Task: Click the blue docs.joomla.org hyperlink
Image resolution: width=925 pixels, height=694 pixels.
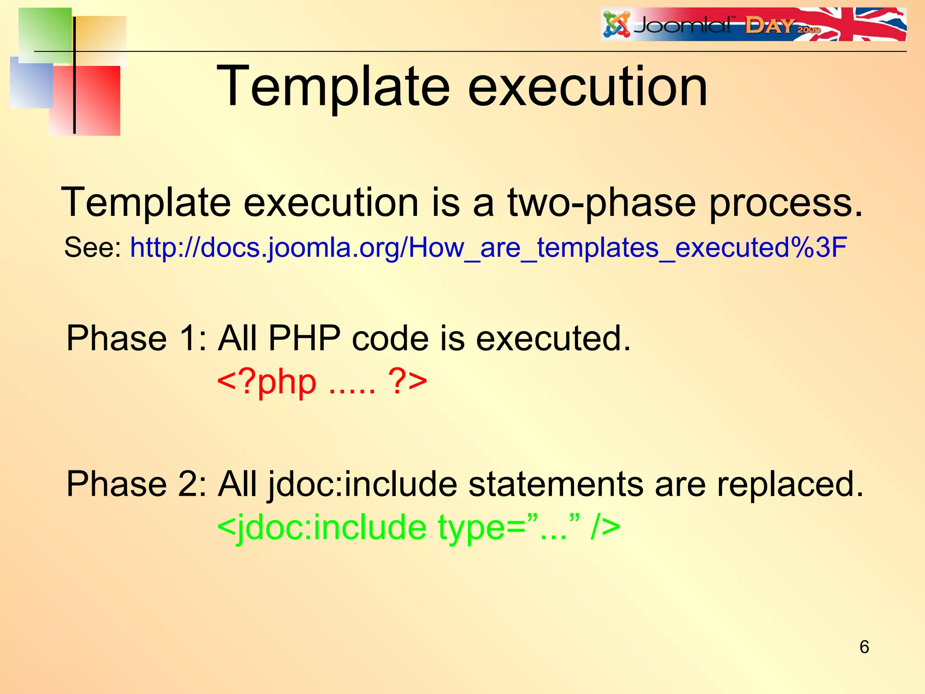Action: (488, 248)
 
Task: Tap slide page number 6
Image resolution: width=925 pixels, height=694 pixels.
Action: (864, 647)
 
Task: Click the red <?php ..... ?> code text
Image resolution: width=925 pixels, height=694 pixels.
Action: (322, 382)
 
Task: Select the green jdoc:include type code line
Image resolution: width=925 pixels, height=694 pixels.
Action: (418, 527)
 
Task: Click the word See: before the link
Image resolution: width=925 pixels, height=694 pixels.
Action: (93, 248)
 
